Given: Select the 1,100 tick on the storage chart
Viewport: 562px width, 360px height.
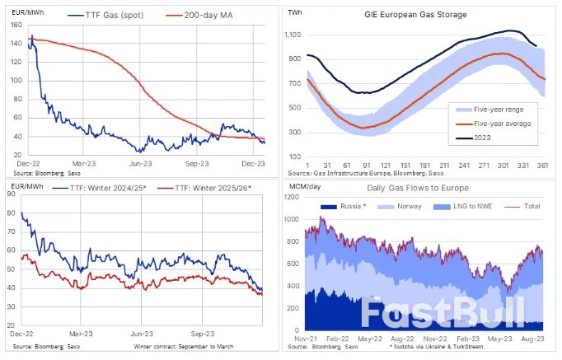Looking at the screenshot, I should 293,35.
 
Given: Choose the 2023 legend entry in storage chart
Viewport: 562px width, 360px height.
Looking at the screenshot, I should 481,139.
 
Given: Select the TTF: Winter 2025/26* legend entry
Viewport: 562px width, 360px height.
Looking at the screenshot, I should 213,188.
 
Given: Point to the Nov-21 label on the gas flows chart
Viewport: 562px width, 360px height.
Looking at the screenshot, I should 304,339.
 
